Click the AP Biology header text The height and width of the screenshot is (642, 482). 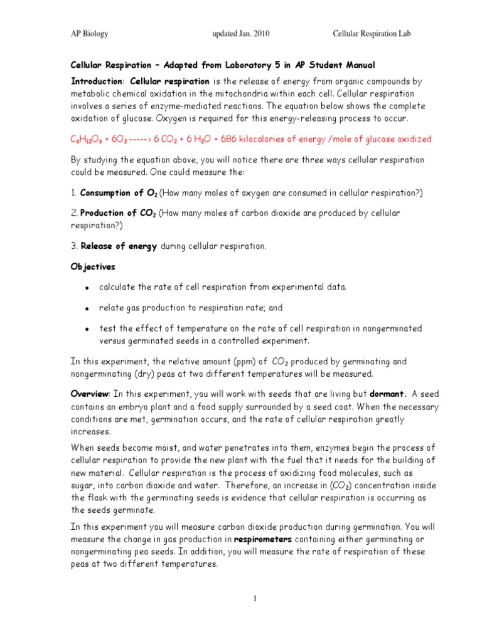pyautogui.click(x=88, y=34)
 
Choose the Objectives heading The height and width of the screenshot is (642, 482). pyautogui.click(x=92, y=267)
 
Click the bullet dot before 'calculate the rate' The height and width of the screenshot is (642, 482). pyautogui.click(x=85, y=288)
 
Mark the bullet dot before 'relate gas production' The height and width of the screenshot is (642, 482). pyautogui.click(x=85, y=308)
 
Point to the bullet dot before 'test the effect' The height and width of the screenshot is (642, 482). pyautogui.click(x=85, y=329)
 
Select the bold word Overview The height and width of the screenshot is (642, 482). pyautogui.click(x=89, y=394)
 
